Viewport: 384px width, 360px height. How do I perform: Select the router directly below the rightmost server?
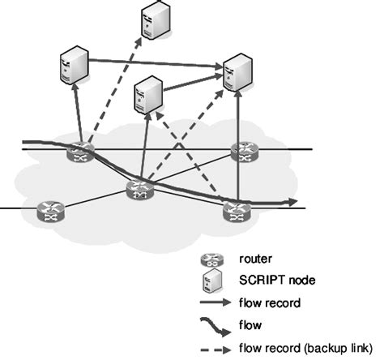point(242,151)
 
